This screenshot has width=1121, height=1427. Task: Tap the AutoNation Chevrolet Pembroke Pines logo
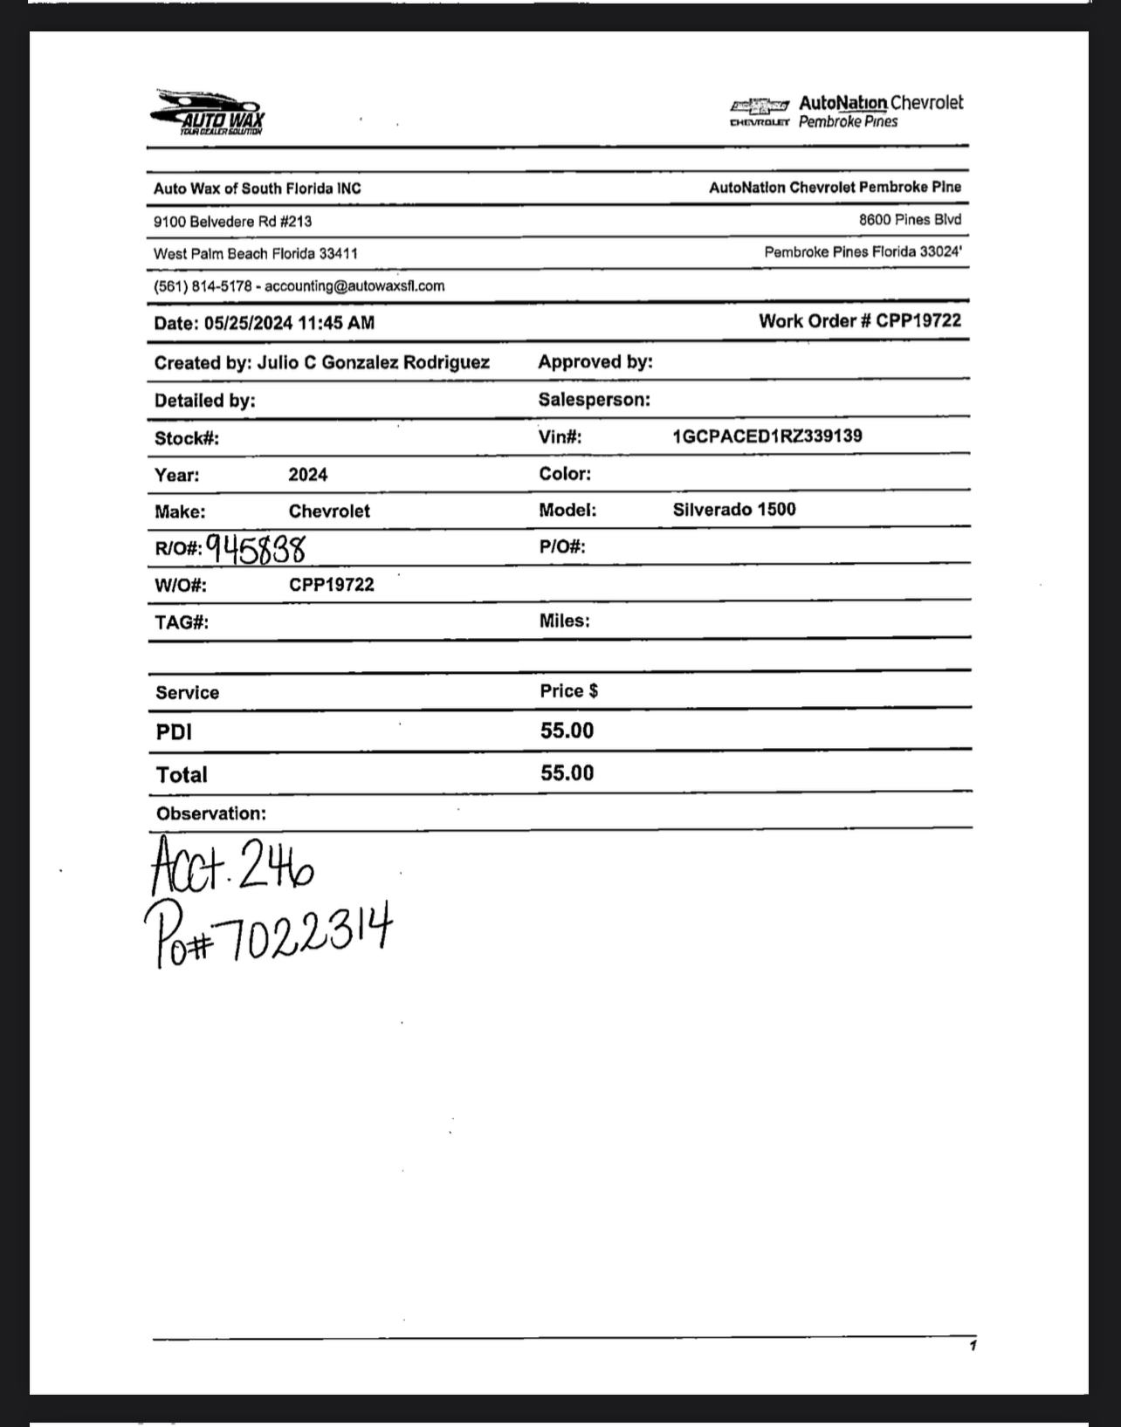846,112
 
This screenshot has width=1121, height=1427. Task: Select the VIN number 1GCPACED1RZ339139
767,436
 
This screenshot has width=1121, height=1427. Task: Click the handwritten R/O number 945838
256,549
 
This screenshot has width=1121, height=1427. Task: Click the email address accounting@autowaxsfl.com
354,286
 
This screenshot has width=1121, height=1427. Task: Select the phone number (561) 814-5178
203,286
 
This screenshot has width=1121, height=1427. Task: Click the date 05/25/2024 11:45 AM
290,323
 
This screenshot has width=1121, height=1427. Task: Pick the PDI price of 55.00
567,731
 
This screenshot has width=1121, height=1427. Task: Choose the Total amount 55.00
567,773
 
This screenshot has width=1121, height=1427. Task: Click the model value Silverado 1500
733,510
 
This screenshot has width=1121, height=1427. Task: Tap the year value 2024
308,475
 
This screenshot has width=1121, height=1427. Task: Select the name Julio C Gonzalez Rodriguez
373,363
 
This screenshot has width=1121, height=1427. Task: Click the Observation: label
211,813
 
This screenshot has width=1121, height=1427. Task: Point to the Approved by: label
595,362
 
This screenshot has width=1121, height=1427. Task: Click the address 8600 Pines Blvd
910,220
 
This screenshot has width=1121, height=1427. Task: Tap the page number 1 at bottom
973,1346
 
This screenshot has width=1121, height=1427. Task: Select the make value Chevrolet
329,511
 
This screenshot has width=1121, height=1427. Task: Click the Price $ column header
568,691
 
